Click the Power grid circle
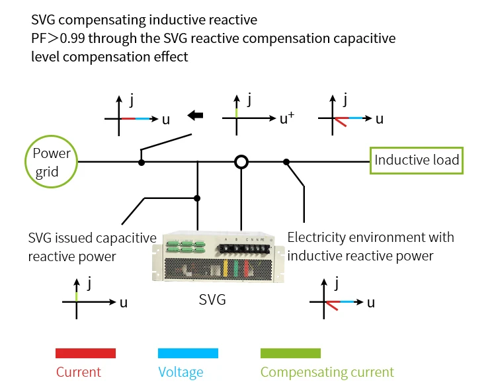[x=52, y=162]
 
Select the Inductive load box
[x=417, y=161]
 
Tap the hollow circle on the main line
[x=242, y=161]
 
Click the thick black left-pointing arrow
[x=195, y=116]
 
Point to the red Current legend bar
[x=86, y=353]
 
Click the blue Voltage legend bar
[x=188, y=353]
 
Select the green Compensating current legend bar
[x=290, y=353]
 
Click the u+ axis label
[x=286, y=119]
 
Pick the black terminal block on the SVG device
[x=246, y=247]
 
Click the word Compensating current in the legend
[x=327, y=372]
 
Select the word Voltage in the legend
[x=181, y=372]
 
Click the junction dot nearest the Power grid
[x=141, y=161]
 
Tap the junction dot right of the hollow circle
[x=286, y=161]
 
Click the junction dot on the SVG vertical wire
[x=197, y=198]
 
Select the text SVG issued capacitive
[x=92, y=238]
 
